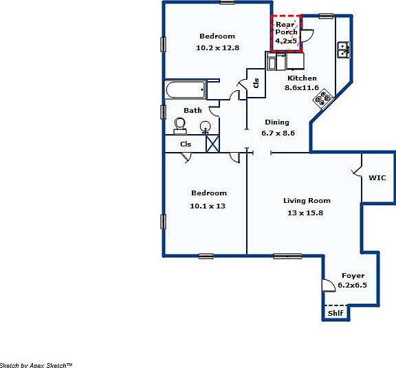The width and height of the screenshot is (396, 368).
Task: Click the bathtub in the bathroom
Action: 185,90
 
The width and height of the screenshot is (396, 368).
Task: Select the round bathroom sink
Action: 205,127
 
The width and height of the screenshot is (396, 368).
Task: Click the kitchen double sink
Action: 343,50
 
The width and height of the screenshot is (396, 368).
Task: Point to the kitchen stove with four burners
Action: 322,100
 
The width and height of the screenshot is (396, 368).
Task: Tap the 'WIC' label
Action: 377,177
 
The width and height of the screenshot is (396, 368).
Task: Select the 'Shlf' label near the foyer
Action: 335,313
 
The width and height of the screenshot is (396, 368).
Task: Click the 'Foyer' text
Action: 353,276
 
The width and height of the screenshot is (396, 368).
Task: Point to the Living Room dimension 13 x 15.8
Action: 307,213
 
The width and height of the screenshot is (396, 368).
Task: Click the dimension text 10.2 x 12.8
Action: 217,47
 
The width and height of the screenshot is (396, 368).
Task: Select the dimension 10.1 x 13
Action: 208,206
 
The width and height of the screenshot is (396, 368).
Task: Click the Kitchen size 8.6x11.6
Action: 302,87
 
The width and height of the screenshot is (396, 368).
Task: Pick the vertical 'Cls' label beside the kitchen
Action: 256,83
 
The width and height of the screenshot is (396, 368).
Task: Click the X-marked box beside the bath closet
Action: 213,143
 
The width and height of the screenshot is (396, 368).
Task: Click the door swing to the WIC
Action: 356,167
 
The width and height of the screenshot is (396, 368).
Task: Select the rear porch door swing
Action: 307,34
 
